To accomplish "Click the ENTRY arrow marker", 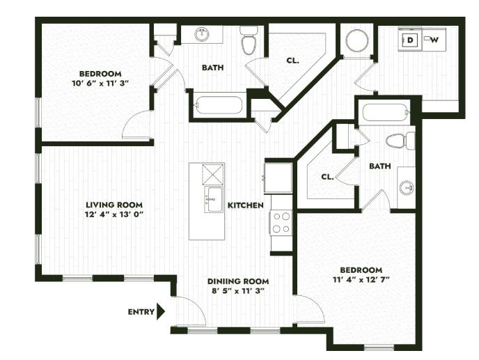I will click(x=161, y=311).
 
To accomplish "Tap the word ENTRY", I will click(x=141, y=312).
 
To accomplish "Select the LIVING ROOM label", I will click(x=114, y=205).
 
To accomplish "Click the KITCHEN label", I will click(x=245, y=205).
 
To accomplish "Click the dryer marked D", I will click(x=411, y=40).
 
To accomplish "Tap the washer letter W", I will click(x=434, y=40).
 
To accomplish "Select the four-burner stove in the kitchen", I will click(x=281, y=223).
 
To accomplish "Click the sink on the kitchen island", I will click(x=213, y=198).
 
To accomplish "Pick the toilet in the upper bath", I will click(x=249, y=42).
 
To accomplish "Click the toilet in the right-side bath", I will click(x=400, y=141).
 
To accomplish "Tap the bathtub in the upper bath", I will click(x=219, y=105).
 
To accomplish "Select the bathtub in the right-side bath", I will click(x=384, y=111).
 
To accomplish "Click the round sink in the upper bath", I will click(x=203, y=34).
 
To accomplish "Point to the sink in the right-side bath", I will click(x=407, y=187).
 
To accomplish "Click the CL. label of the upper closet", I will click(x=292, y=61).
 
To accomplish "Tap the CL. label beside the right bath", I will click(x=327, y=177).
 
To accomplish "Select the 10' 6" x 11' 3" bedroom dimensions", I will click(x=100, y=83).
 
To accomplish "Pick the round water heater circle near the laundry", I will click(x=357, y=40).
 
